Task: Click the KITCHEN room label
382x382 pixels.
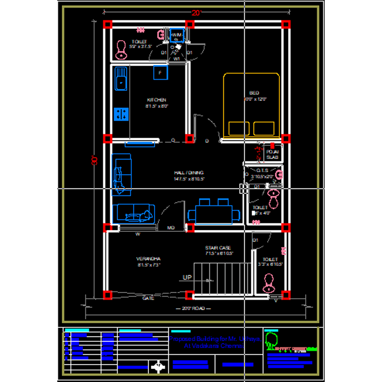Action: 157,100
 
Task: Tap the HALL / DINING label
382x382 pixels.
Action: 189,173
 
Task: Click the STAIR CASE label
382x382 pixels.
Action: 218,248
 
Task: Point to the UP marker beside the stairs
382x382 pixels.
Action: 187,278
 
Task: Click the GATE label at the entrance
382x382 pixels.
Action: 148,298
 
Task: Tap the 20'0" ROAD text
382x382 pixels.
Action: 193,308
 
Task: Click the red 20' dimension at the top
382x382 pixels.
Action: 196,13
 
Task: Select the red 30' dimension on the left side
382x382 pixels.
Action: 94,160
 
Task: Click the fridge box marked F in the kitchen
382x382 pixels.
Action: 160,73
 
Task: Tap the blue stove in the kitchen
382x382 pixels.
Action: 121,114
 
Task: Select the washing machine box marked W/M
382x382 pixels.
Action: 176,36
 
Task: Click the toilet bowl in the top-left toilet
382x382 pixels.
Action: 121,49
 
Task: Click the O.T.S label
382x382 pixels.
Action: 262,170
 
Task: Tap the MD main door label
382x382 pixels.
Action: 171,228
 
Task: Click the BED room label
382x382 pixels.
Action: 254,93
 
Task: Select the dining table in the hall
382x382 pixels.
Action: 214,214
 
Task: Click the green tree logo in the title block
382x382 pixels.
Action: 271,338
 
